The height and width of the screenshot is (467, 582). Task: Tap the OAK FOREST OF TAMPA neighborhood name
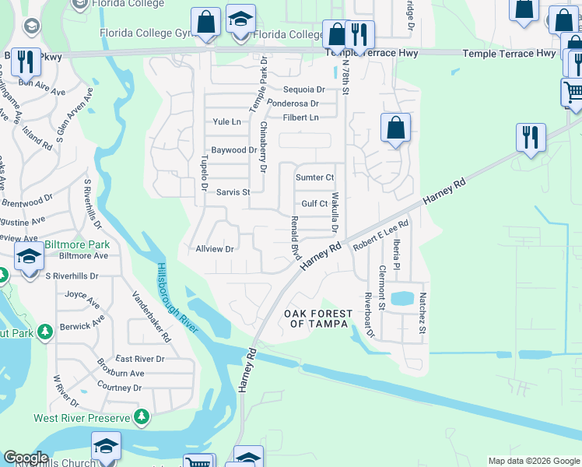[x=317, y=319]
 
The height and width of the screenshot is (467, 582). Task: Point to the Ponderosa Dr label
[x=293, y=104]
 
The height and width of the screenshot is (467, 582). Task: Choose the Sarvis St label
[x=233, y=192]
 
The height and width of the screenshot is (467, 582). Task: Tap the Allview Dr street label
[x=215, y=249]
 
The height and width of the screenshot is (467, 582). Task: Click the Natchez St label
[x=422, y=314]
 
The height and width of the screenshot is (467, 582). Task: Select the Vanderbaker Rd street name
[x=151, y=318]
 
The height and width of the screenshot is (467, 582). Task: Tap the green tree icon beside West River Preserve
[x=141, y=417]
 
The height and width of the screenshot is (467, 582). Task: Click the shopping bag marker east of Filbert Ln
[x=395, y=127]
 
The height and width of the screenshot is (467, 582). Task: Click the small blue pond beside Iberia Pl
[x=402, y=298]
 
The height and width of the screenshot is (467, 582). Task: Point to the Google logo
[x=26, y=458]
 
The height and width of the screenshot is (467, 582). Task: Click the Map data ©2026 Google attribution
[x=533, y=461]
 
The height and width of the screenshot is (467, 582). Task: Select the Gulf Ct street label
[x=314, y=204]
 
